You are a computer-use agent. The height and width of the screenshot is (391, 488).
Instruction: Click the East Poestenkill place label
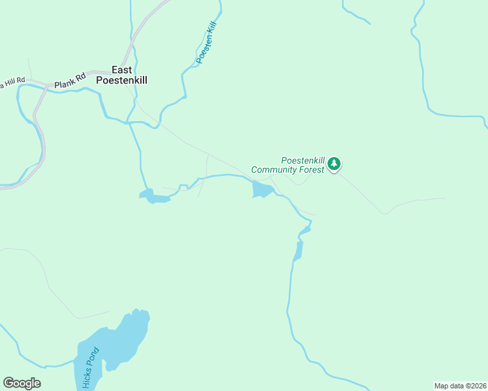pyautogui.click(x=121, y=75)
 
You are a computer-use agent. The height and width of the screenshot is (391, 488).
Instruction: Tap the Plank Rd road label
pyautogui.click(x=70, y=81)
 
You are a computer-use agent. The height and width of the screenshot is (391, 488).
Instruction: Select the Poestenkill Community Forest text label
pyautogui.click(x=288, y=165)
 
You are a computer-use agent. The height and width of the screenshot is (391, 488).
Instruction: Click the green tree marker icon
pyautogui.click(x=334, y=163)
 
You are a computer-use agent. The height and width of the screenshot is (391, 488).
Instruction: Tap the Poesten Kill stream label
pyautogui.click(x=206, y=42)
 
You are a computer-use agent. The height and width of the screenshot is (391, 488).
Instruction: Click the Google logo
pyautogui.click(x=22, y=383)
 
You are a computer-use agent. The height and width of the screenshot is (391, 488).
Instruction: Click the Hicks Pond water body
pyautogui.click(x=117, y=342)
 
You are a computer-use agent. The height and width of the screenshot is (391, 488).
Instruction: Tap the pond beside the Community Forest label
pyautogui.click(x=262, y=190)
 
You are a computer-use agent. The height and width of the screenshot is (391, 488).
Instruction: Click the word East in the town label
pyautogui.click(x=121, y=70)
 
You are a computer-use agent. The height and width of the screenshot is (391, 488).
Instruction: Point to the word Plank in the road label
pyautogui.click(x=65, y=83)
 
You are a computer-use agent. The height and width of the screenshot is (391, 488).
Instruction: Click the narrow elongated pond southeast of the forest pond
pyautogui.click(x=299, y=250)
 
